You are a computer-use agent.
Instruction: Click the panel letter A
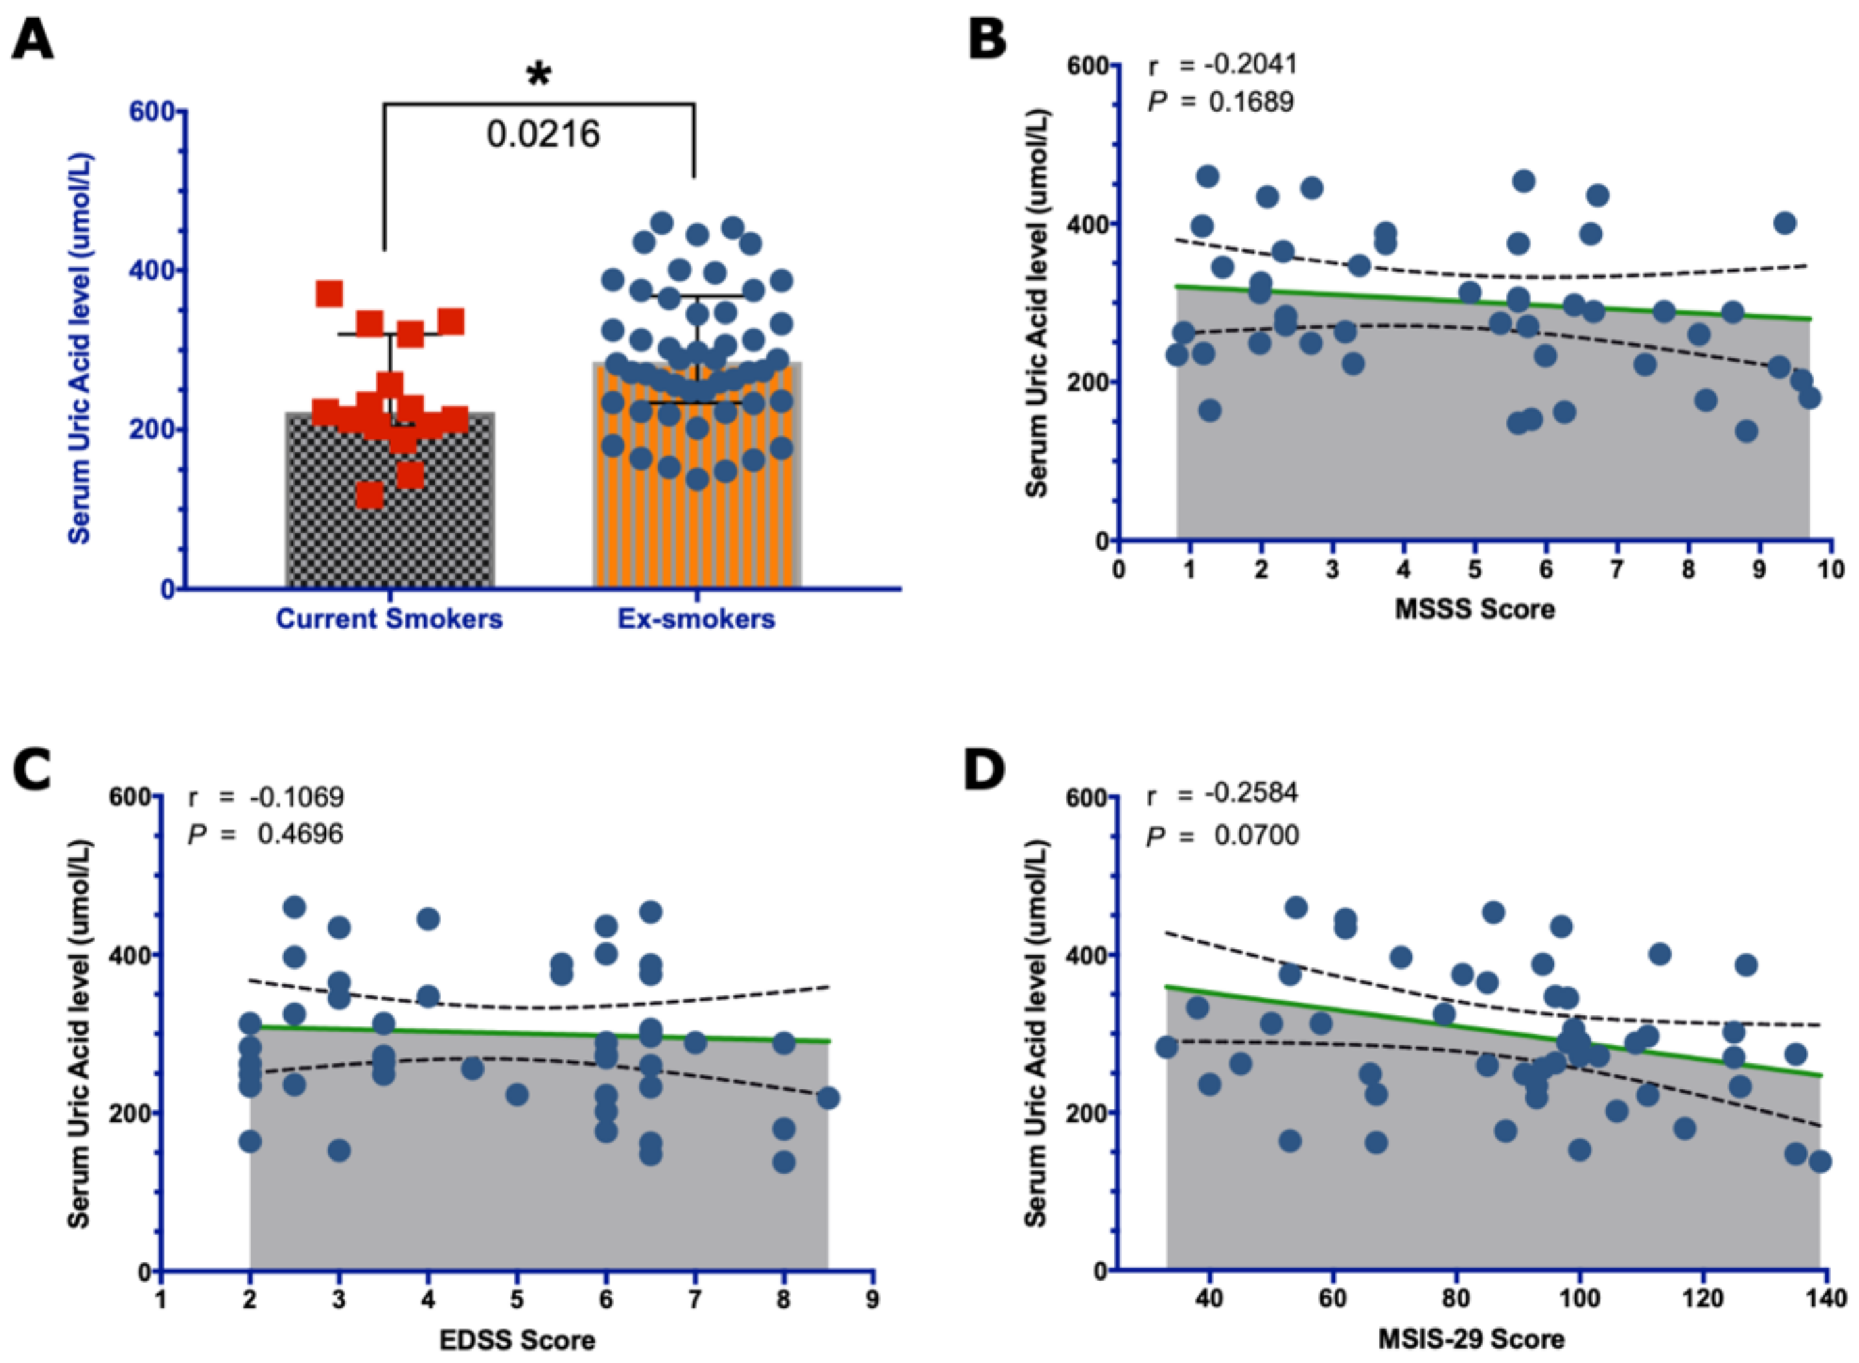point(33,40)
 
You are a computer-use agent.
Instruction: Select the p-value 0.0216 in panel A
point(543,135)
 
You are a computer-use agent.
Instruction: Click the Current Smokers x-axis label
point(389,619)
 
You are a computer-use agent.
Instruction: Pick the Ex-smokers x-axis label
point(696,619)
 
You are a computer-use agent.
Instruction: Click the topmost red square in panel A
point(329,293)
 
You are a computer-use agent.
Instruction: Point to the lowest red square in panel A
point(370,495)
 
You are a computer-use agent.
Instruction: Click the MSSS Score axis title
point(1474,610)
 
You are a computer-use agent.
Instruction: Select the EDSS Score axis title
point(517,1340)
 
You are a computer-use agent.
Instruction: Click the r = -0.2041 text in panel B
point(1223,64)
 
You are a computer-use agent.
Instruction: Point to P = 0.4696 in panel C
point(265,834)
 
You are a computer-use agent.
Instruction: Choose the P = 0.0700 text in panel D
point(1223,836)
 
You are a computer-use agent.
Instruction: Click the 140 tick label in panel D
point(1825,1298)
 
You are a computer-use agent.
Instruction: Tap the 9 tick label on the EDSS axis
point(872,1299)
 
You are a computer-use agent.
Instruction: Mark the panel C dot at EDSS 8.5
point(828,1098)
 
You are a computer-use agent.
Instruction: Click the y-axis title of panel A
point(80,348)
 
